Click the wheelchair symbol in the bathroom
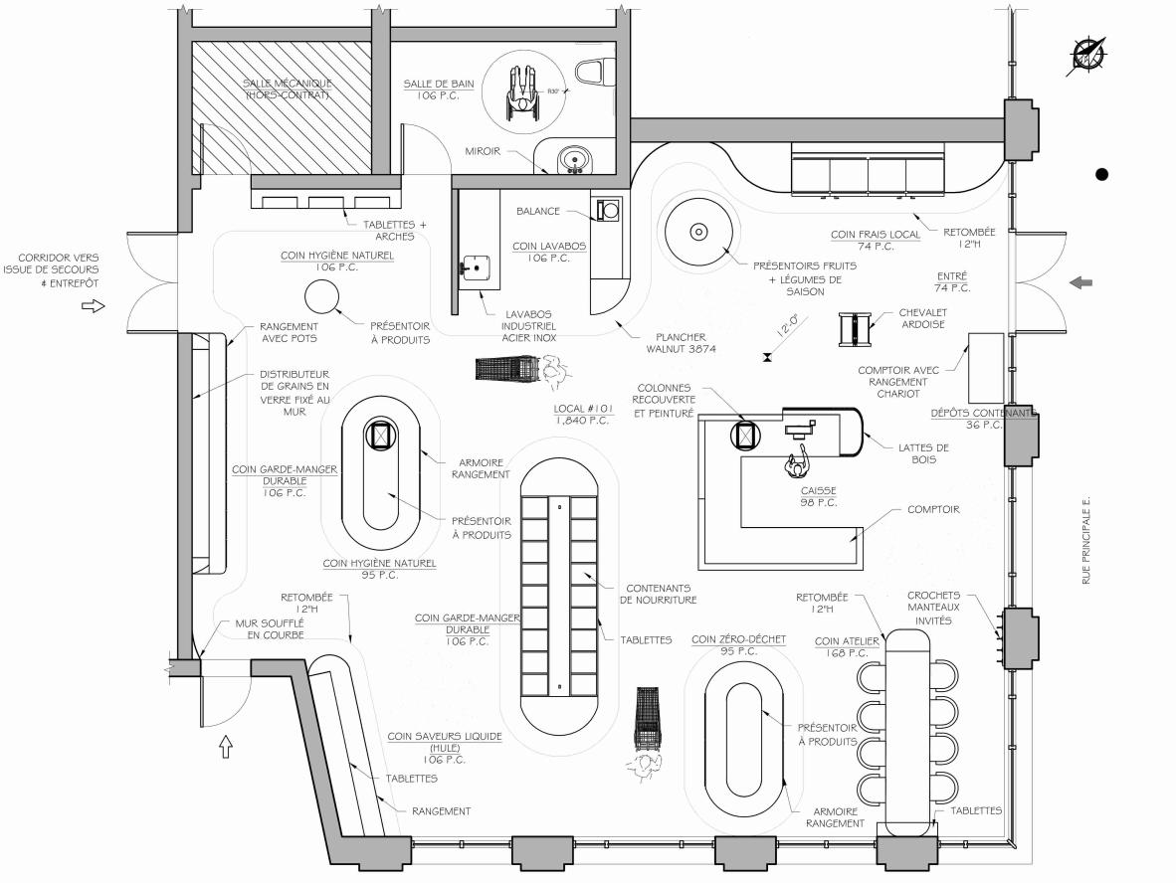tap(522, 92)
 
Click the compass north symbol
tap(1087, 54)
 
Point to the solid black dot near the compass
tap(1101, 175)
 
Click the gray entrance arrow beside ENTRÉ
tap(1080, 282)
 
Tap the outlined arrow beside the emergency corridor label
tap(93, 306)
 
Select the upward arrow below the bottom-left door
tap(226, 747)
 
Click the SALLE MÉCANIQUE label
tap(288, 89)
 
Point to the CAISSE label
tap(818, 490)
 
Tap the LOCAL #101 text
tap(583, 409)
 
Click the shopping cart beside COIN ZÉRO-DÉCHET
tap(648, 718)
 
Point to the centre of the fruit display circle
tap(698, 233)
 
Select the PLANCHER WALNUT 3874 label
tap(681, 342)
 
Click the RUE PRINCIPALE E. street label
tap(1086, 540)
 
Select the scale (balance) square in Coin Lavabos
tap(608, 209)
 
